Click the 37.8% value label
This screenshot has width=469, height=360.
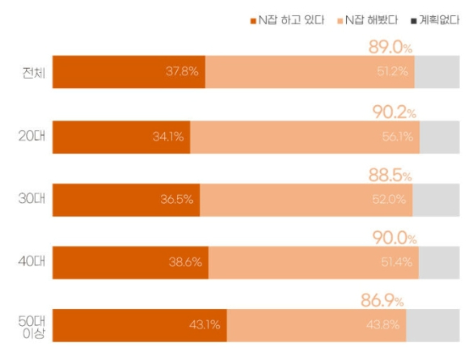[x=182, y=73]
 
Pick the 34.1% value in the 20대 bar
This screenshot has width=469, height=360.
[x=168, y=137]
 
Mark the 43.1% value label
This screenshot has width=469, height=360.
[x=205, y=326]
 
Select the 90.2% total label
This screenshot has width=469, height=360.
[x=395, y=111]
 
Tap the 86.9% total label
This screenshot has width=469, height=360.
[x=382, y=300]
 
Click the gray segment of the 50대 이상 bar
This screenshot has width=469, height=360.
[x=433, y=326]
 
